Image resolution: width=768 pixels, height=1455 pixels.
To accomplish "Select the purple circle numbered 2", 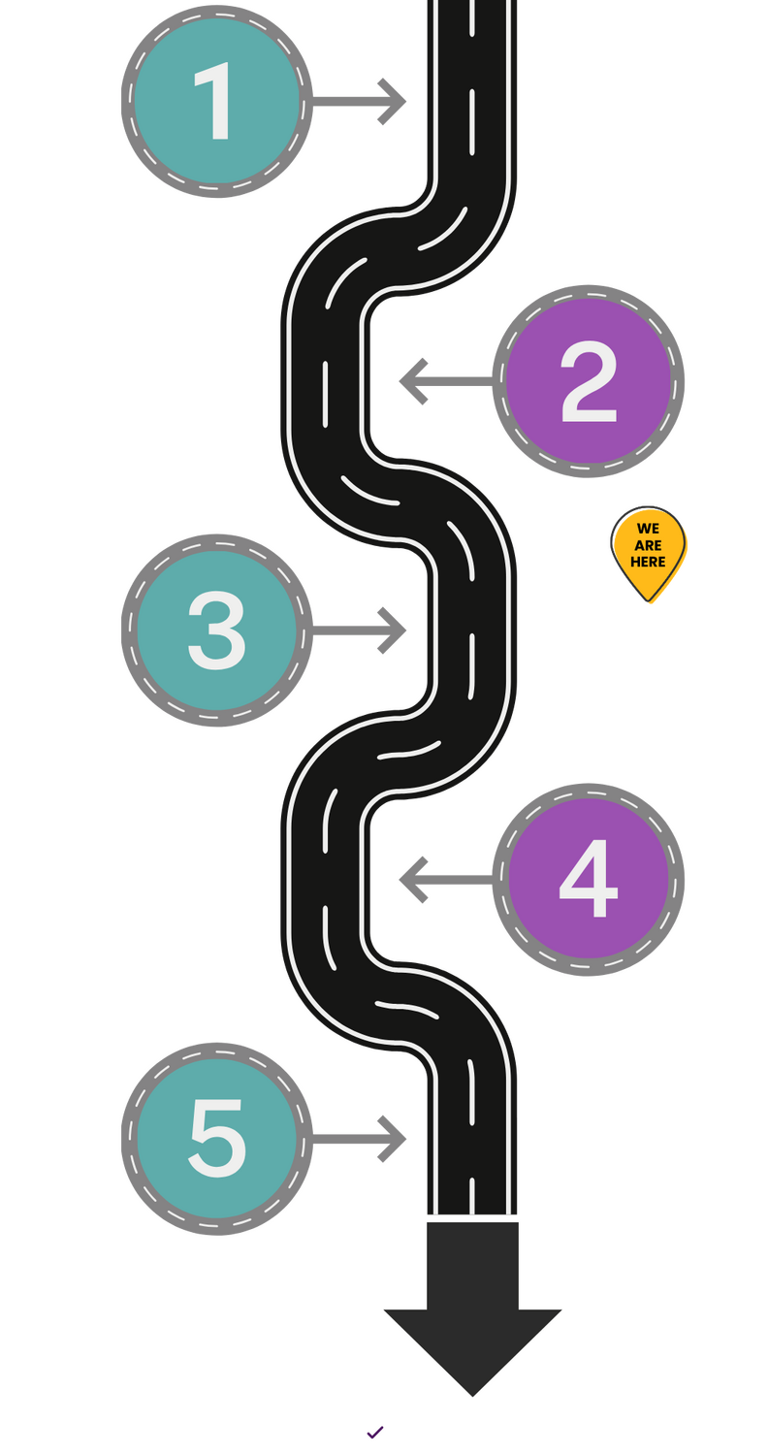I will [x=589, y=380].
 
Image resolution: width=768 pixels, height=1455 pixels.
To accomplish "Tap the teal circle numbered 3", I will [x=216, y=630].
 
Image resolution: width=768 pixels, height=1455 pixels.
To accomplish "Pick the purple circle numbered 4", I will [x=589, y=880].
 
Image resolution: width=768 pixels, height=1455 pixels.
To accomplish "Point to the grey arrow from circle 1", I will [x=365, y=99].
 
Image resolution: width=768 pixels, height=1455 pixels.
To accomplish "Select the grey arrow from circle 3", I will [x=365, y=630].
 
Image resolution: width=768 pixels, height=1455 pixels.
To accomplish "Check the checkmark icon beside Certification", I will [x=374, y=1432].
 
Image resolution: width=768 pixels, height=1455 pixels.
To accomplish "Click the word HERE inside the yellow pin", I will [x=649, y=562].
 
